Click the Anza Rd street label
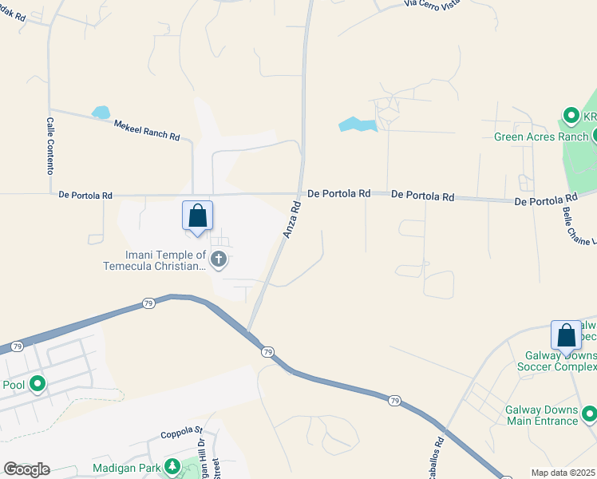click(291, 219)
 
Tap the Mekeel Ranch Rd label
click(147, 130)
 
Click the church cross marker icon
click(219, 259)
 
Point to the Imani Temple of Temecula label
click(155, 260)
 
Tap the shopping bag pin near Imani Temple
click(198, 216)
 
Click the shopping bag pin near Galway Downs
click(566, 335)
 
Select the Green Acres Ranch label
click(540, 137)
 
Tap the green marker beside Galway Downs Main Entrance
click(589, 414)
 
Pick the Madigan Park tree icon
click(172, 467)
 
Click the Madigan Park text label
click(126, 467)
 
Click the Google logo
click(26, 469)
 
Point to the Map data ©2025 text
click(563, 473)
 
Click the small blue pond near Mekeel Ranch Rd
click(101, 113)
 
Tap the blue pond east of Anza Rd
click(357, 125)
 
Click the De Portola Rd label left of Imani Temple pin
click(85, 194)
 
